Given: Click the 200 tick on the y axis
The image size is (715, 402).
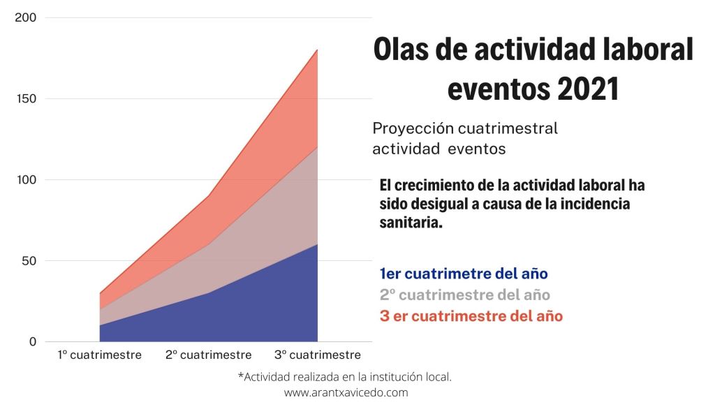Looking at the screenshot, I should (27, 17).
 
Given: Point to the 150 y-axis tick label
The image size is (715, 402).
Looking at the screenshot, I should (27, 98).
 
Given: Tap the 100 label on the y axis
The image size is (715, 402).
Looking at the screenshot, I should (27, 179).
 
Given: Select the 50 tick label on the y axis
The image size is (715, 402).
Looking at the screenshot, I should (29, 261).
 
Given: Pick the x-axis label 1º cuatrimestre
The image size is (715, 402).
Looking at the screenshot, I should (99, 355).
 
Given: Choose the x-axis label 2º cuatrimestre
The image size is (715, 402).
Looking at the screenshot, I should (208, 355).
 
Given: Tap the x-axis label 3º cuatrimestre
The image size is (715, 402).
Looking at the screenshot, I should (317, 355).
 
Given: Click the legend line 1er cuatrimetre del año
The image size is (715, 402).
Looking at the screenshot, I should (464, 274).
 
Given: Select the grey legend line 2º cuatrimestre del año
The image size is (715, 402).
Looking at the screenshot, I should (464, 295).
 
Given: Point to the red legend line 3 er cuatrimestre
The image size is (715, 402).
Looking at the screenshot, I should (471, 315).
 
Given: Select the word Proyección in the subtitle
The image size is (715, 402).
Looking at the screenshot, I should (413, 129).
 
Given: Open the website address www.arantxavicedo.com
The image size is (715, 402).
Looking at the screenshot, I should (346, 392).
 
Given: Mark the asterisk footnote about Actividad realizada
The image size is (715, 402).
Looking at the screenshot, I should (345, 377).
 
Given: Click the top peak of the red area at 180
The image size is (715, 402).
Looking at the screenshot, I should (317, 50).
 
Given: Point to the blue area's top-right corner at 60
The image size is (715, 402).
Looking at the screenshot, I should (317, 245).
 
